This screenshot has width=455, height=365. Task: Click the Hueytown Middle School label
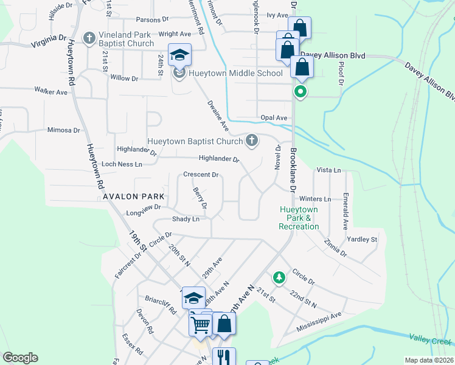point(235,74)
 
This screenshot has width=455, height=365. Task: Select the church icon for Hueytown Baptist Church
point(251,141)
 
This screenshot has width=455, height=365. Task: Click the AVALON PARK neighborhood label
point(134,196)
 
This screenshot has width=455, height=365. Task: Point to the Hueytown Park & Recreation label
point(299,218)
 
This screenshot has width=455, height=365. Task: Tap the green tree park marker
point(279,277)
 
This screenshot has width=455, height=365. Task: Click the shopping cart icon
point(200,324)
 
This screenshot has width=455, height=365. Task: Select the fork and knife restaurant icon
point(224,357)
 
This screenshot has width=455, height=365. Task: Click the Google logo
point(20,358)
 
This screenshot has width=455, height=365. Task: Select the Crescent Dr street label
point(201,175)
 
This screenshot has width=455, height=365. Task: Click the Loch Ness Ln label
point(122,164)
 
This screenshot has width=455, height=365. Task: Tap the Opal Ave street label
point(273,117)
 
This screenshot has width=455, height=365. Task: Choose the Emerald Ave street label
point(345,211)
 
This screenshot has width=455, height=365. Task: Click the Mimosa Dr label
point(64,130)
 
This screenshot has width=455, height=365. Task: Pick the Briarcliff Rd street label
point(161,304)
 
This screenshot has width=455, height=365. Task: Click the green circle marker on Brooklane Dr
point(299,92)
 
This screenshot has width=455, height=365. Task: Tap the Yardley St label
point(362,239)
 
